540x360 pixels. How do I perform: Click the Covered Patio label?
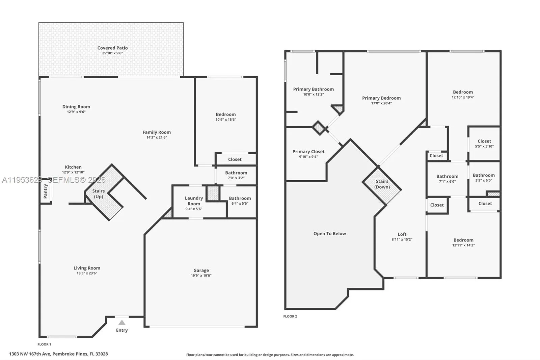[x=112, y=48]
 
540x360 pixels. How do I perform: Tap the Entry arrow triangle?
[x=122, y=323]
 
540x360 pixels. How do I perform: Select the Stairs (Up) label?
[x=99, y=194]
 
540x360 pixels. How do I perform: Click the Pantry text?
[x=46, y=191]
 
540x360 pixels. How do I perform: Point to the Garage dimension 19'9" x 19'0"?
[x=201, y=276]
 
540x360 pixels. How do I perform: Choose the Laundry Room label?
[x=194, y=201]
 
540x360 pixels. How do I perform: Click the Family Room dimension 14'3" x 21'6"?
[x=157, y=137]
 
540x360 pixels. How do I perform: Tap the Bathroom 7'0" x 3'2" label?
[x=236, y=173]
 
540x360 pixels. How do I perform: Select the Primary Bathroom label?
[x=313, y=89]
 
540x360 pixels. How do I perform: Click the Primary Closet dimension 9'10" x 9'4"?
[x=308, y=157]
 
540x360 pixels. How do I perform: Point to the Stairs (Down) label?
[x=382, y=184]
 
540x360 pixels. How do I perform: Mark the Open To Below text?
[x=329, y=234]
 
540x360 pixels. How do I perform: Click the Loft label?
[x=402, y=234]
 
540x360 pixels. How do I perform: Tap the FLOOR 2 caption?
[x=290, y=316]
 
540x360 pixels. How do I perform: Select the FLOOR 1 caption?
[x=44, y=344]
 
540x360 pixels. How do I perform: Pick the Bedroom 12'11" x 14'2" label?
[x=463, y=240]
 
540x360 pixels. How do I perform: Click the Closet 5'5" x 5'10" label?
[x=484, y=142]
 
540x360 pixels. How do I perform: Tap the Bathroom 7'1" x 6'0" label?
[x=447, y=176]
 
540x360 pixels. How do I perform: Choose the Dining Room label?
[x=76, y=107]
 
